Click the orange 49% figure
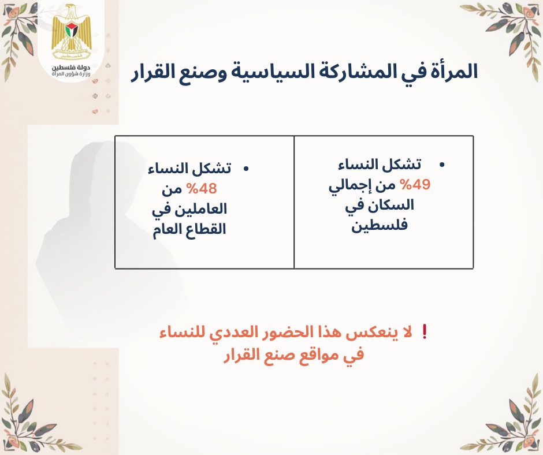[415, 185]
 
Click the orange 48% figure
[202, 189]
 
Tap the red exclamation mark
[425, 333]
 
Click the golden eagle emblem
[72, 32]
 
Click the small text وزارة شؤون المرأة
[71, 74]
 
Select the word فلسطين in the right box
[380, 226]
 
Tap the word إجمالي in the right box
[348, 187]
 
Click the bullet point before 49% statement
[441, 165]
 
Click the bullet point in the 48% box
[246, 169]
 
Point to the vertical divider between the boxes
[294, 202]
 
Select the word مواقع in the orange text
[307, 355]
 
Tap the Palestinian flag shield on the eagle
[72, 31]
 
